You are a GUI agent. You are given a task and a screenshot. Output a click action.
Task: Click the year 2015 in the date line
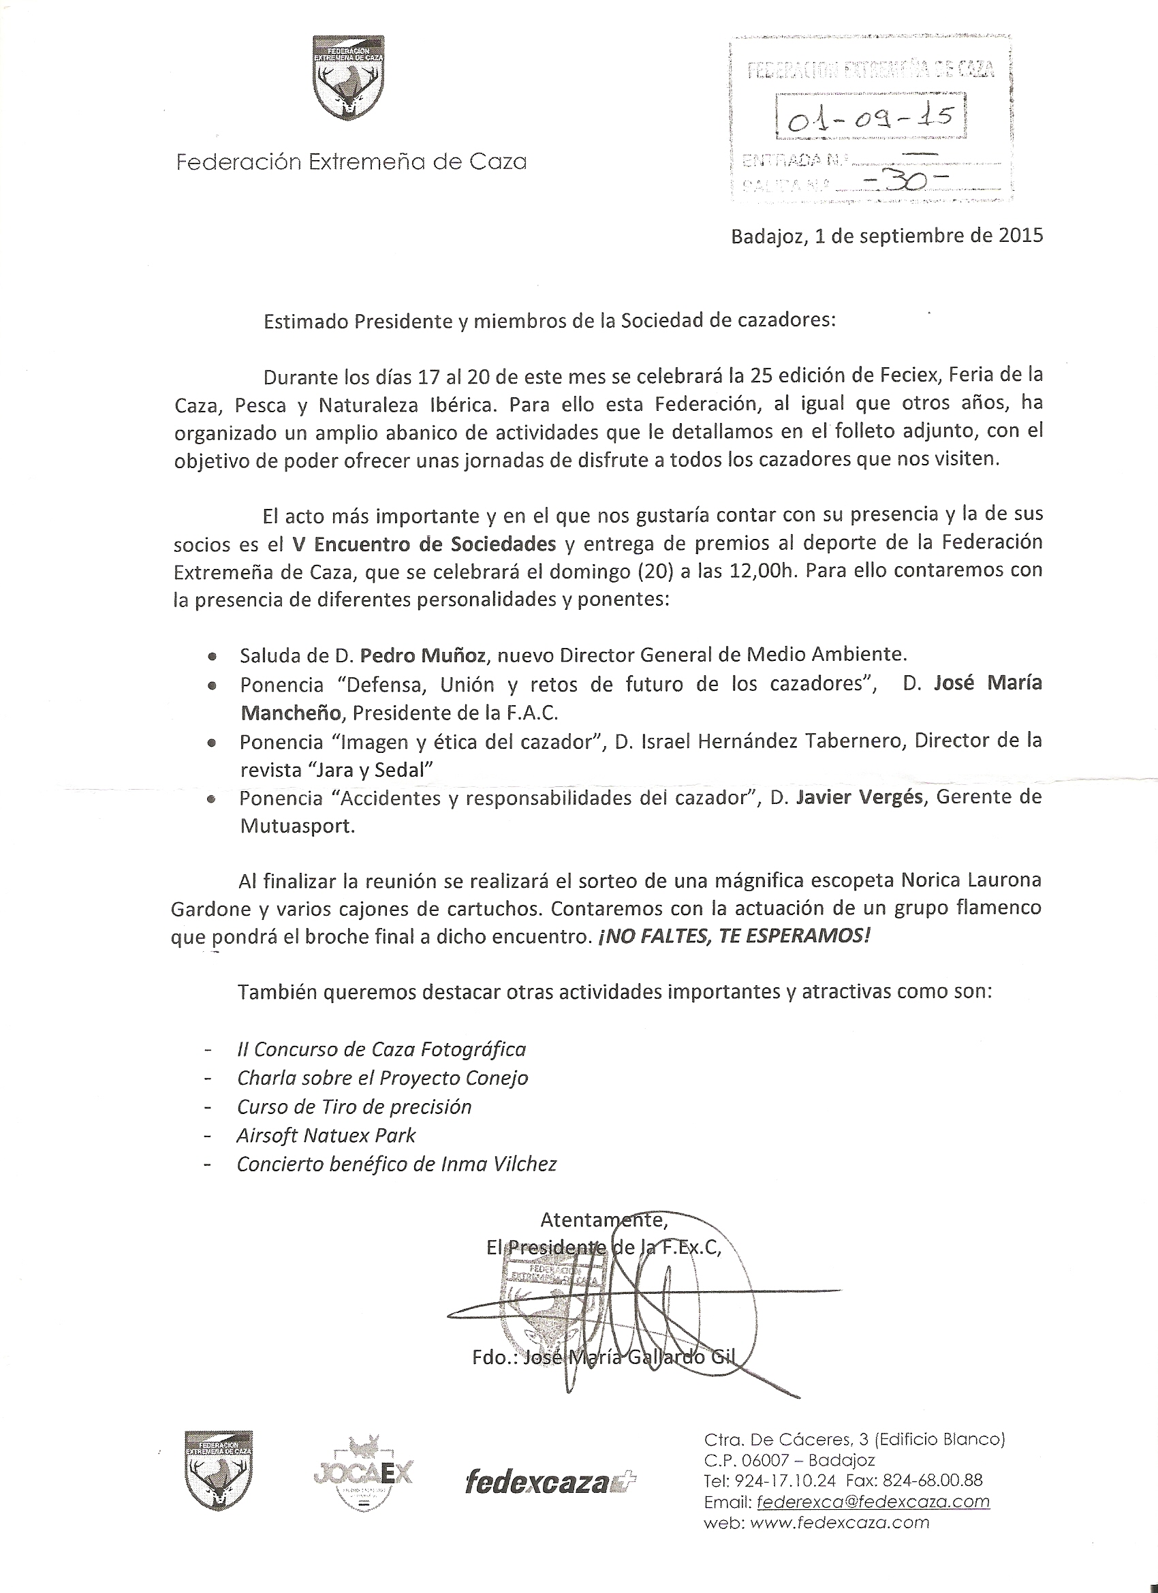click(1021, 236)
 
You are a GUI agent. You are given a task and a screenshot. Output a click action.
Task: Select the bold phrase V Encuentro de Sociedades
click(424, 544)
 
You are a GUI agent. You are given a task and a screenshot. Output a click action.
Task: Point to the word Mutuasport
click(297, 826)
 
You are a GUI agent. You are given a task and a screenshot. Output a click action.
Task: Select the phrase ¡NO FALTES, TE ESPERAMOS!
click(734, 937)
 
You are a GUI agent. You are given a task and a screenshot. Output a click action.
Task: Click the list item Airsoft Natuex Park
click(326, 1135)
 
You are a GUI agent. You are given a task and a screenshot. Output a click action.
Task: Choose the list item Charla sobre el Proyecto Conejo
click(383, 1077)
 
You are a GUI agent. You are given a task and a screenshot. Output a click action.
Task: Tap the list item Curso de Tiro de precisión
click(354, 1107)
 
